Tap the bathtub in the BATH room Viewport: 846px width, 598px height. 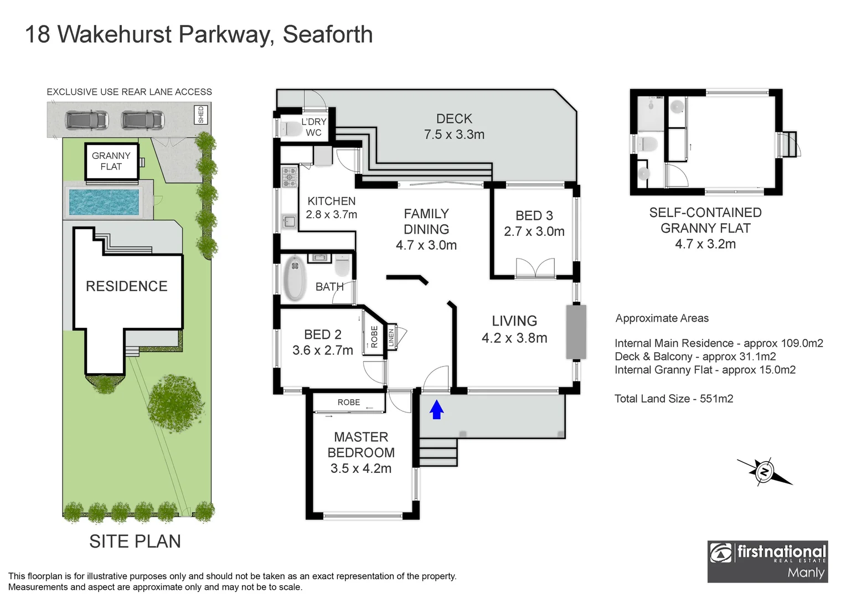pos(295,278)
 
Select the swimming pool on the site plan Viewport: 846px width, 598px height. pos(104,202)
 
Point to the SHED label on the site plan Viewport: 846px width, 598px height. pos(201,115)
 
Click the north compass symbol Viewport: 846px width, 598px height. pos(765,472)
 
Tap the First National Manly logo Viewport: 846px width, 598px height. pos(767,561)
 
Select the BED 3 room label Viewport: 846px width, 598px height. pos(534,215)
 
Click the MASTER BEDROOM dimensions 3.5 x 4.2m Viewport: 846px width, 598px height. pos(361,468)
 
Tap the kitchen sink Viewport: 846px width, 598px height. pos(289,222)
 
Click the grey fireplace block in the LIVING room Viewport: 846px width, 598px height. pos(576,332)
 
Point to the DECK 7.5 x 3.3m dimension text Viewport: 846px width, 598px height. pos(454,135)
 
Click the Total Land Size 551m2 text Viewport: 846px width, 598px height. pos(673,399)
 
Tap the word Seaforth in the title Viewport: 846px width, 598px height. pos(327,34)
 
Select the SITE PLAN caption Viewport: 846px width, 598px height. pos(135,541)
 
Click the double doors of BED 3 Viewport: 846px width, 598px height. pos(535,268)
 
